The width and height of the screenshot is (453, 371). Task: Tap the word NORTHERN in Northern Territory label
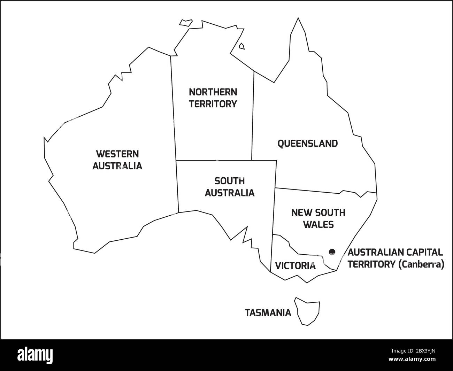click(x=213, y=92)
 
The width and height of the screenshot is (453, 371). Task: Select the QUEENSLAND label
click(x=307, y=144)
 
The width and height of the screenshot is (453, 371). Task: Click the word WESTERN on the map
click(x=117, y=154)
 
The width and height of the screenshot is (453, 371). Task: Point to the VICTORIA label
click(x=295, y=266)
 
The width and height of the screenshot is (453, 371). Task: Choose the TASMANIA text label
click(x=268, y=313)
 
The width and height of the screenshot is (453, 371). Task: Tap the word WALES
click(x=318, y=224)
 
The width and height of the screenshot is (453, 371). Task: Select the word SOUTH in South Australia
click(x=229, y=181)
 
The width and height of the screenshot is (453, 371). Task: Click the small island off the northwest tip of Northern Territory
click(x=186, y=22)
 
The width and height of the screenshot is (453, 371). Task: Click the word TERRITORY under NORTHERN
click(x=213, y=104)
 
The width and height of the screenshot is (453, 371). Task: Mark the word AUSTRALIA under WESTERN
click(x=117, y=166)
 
